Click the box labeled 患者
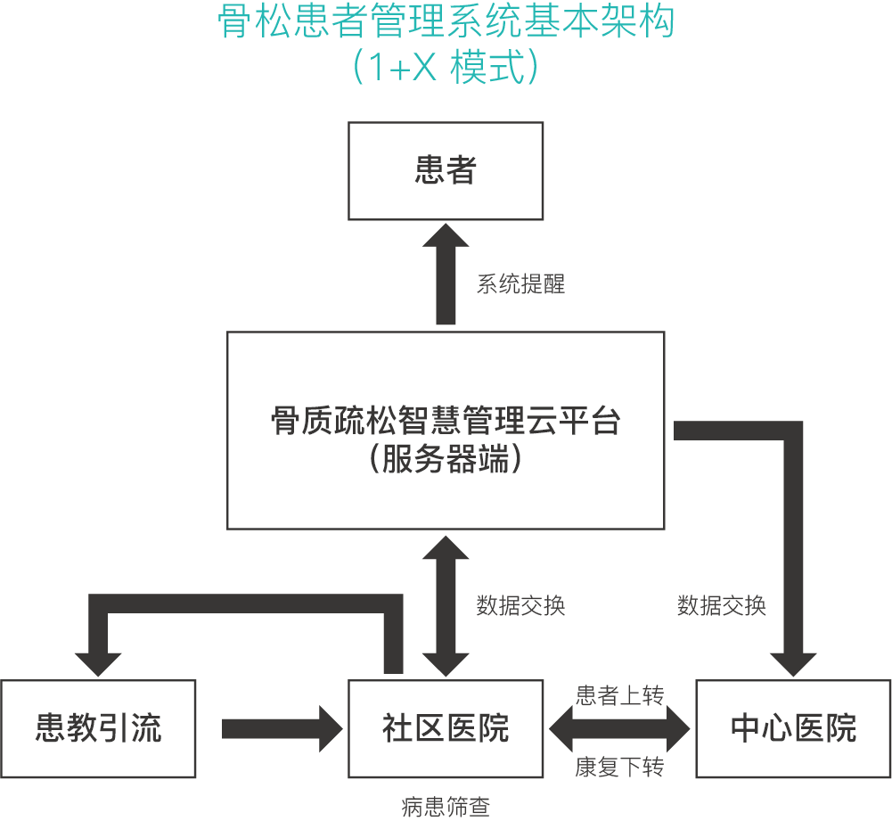coord(446,170)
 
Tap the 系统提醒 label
coord(520,285)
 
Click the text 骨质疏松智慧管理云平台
coord(446,420)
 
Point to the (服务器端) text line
coord(446,461)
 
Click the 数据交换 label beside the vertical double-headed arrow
coord(520,606)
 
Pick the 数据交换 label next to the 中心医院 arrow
coord(721,606)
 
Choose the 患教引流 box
coord(98,728)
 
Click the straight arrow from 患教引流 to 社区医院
coord(282,728)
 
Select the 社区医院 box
coord(446,728)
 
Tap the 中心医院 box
coord(793,728)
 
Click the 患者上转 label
coord(619,696)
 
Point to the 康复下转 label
coord(619,768)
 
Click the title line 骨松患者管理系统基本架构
coord(446,24)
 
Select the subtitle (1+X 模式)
coord(446,67)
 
